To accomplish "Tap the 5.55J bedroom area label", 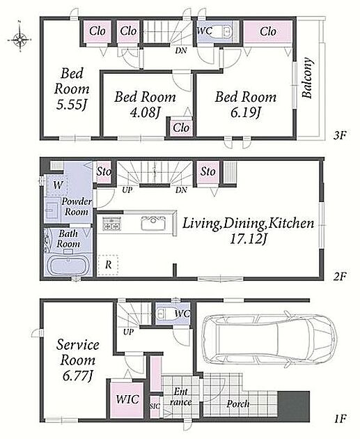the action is (72, 105).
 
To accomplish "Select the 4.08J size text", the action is (145, 113).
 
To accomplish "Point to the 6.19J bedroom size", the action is (246, 113).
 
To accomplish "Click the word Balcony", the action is (307, 78).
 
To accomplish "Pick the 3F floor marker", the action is (340, 136).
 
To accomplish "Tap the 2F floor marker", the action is (340, 277).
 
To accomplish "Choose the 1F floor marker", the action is (340, 419).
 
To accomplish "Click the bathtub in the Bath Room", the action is (68, 266).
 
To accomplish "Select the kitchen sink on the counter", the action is (152, 222).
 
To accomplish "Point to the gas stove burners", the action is (112, 223).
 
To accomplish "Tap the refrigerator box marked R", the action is (108, 265).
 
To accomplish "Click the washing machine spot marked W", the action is (57, 185).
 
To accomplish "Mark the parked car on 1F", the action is (269, 339).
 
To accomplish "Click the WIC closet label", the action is (127, 399).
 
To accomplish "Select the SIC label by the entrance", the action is (155, 406).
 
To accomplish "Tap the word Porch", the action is (238, 403).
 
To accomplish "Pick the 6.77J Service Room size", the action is (77, 375).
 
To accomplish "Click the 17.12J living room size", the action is (248, 239).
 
